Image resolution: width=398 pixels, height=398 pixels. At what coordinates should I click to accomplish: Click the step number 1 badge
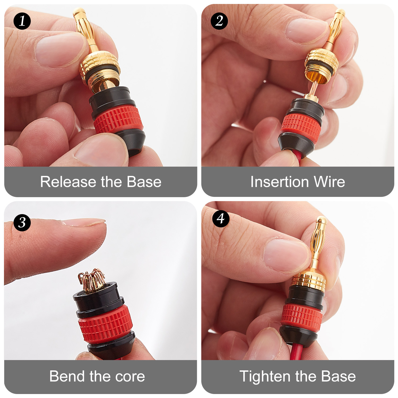click(22, 21)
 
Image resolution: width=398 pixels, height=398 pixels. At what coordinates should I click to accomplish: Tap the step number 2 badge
click(219, 21)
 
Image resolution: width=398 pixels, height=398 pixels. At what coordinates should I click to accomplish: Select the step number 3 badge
click(22, 222)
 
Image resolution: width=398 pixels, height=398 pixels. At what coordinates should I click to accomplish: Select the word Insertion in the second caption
click(279, 182)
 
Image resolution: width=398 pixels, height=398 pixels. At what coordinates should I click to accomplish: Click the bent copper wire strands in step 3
click(92, 280)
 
